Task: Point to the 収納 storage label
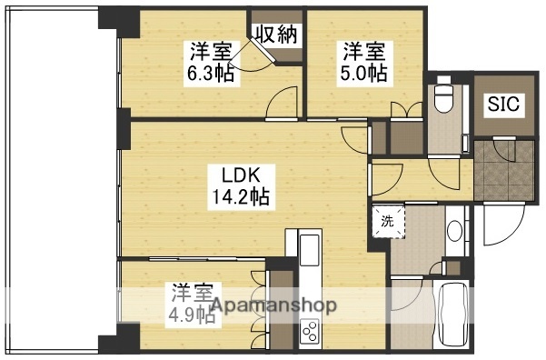(x=276, y=35)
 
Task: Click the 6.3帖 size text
(x=211, y=73)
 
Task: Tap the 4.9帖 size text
(x=186, y=317)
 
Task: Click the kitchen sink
(x=310, y=246)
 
